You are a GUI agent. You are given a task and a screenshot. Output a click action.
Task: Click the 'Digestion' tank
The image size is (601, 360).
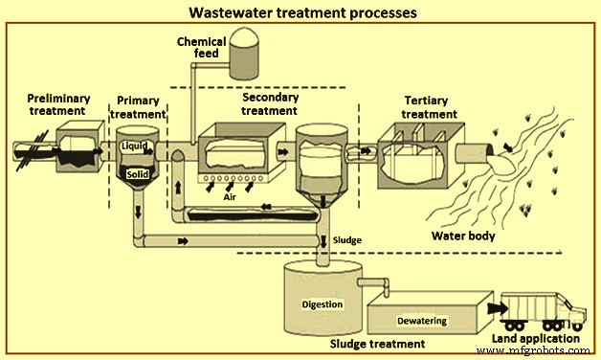point(322,304)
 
